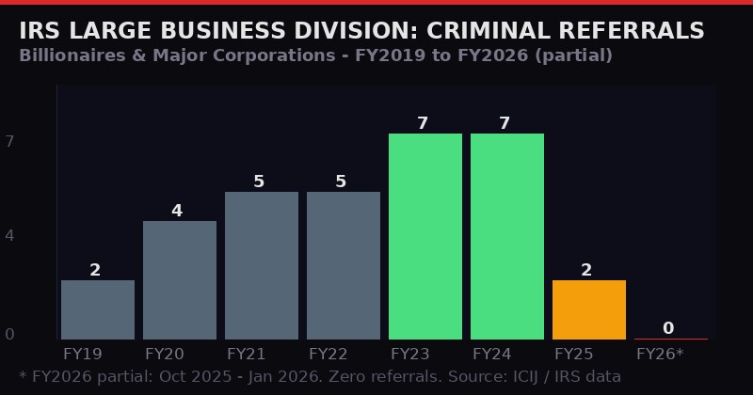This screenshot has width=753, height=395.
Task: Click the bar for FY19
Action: tap(98, 309)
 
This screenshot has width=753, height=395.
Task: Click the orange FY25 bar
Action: tap(589, 309)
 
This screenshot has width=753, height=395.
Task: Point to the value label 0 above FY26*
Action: tap(668, 328)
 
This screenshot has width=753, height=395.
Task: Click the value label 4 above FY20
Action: tap(177, 211)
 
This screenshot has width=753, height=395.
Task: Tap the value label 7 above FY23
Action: tap(423, 123)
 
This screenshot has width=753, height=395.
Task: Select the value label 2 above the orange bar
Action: tap(586, 270)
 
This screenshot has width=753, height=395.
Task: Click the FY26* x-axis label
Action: tap(660, 355)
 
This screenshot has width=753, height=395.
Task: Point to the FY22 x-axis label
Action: tap(328, 355)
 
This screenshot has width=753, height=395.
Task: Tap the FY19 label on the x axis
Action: tap(83, 355)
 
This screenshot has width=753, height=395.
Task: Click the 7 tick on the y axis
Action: tap(9, 141)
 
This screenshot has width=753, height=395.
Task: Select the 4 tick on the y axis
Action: tap(9, 235)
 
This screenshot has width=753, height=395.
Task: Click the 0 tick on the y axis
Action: tap(9, 334)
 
